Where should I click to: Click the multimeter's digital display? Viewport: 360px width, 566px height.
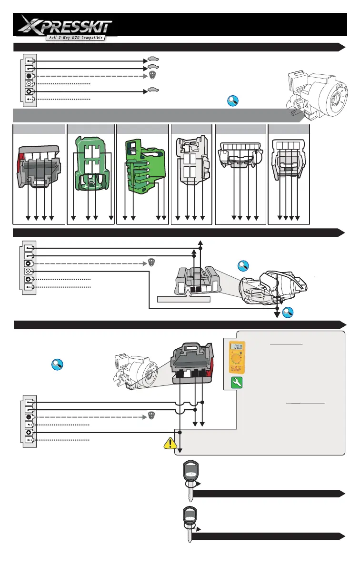237,348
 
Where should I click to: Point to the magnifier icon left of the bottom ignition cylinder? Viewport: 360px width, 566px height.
58,365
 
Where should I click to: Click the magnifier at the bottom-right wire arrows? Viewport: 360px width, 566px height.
288,313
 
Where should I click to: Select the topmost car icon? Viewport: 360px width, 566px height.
153,59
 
